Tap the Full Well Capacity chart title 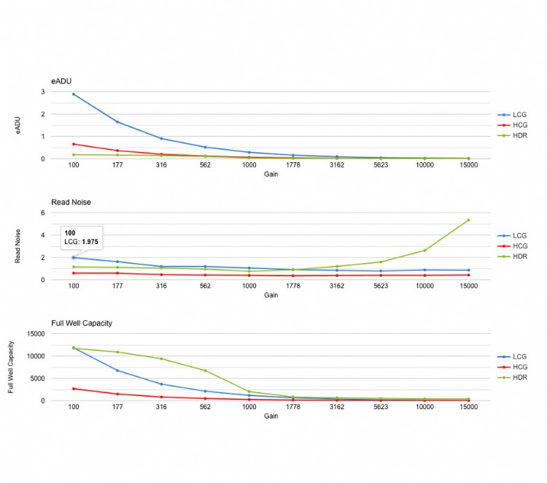[x=82, y=322]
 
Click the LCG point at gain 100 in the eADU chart [x=74, y=94]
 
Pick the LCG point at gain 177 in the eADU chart [x=117, y=122]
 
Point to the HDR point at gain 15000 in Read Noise [x=468, y=220]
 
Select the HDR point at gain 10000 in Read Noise [x=424, y=251]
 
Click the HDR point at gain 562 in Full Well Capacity [x=205, y=370]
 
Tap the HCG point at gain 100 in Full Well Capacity [x=74, y=389]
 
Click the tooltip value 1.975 [x=89, y=241]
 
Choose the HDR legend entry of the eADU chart [x=519, y=136]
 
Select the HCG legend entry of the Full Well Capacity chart [x=519, y=367]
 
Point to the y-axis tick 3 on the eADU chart [x=43, y=92]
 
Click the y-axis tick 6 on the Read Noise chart [x=43, y=213]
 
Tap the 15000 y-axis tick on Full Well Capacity [x=35, y=334]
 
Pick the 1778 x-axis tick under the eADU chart [x=293, y=165]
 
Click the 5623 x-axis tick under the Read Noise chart [x=381, y=286]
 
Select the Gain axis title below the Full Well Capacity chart [x=271, y=417]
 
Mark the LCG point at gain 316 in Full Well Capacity [x=161, y=384]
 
